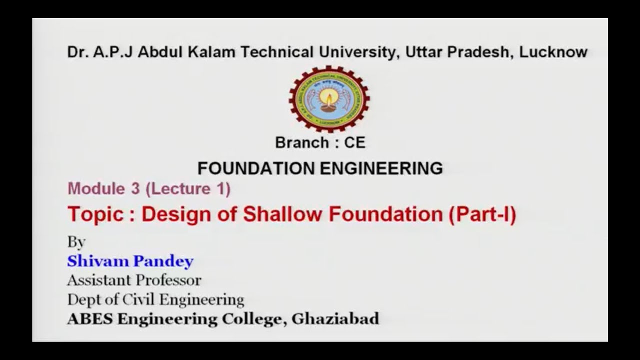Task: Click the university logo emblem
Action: click(x=329, y=99)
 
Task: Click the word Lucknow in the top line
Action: click(x=553, y=52)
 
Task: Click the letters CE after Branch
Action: click(x=354, y=143)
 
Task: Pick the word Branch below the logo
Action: click(x=301, y=143)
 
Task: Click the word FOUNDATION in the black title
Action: click(x=256, y=168)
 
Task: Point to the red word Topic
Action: click(x=95, y=214)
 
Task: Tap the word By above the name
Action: click(x=76, y=242)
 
